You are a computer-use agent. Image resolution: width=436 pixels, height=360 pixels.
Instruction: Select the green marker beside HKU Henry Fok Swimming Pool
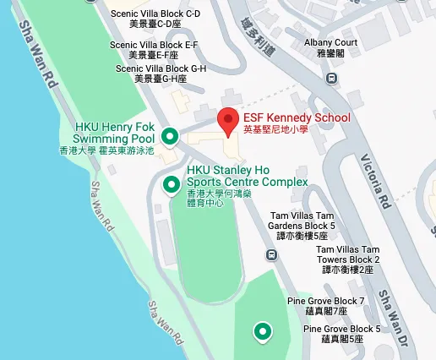click(170, 135)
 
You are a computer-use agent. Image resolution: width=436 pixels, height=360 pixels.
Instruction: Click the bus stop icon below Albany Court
click(332, 79)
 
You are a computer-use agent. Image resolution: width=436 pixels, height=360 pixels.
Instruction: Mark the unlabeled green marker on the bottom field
click(264, 330)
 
